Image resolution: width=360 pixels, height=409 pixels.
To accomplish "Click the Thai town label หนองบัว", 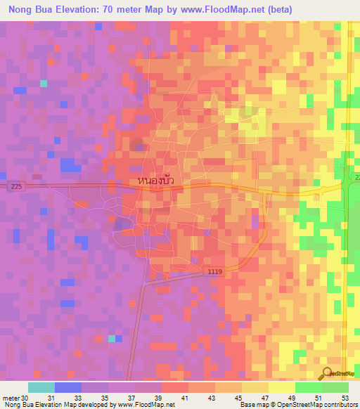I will [156, 181].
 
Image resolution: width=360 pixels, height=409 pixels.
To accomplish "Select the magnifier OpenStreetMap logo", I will [328, 374].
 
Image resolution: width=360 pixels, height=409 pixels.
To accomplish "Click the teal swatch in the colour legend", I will [41, 387].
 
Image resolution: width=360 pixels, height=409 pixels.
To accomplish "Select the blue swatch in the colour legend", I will [67, 387].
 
